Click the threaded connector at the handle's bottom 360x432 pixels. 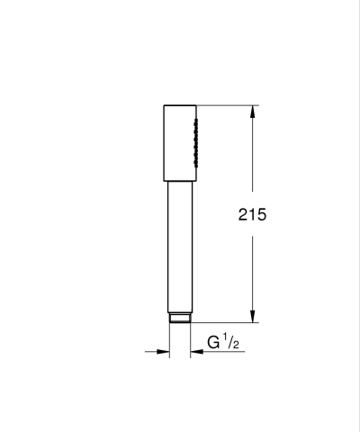click(x=178, y=317)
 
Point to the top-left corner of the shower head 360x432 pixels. click(x=165, y=107)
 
